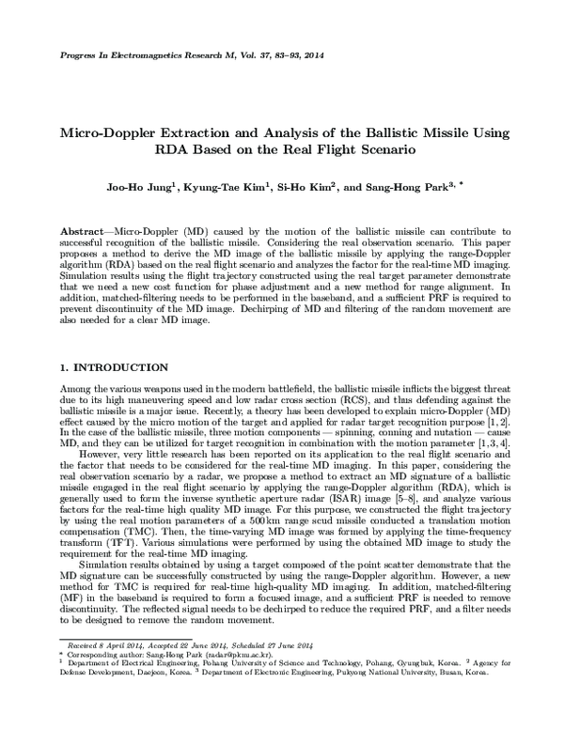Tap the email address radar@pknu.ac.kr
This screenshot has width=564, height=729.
pyautogui.click(x=232, y=655)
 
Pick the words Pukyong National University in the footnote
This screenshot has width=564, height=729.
pyautogui.click(x=408, y=674)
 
